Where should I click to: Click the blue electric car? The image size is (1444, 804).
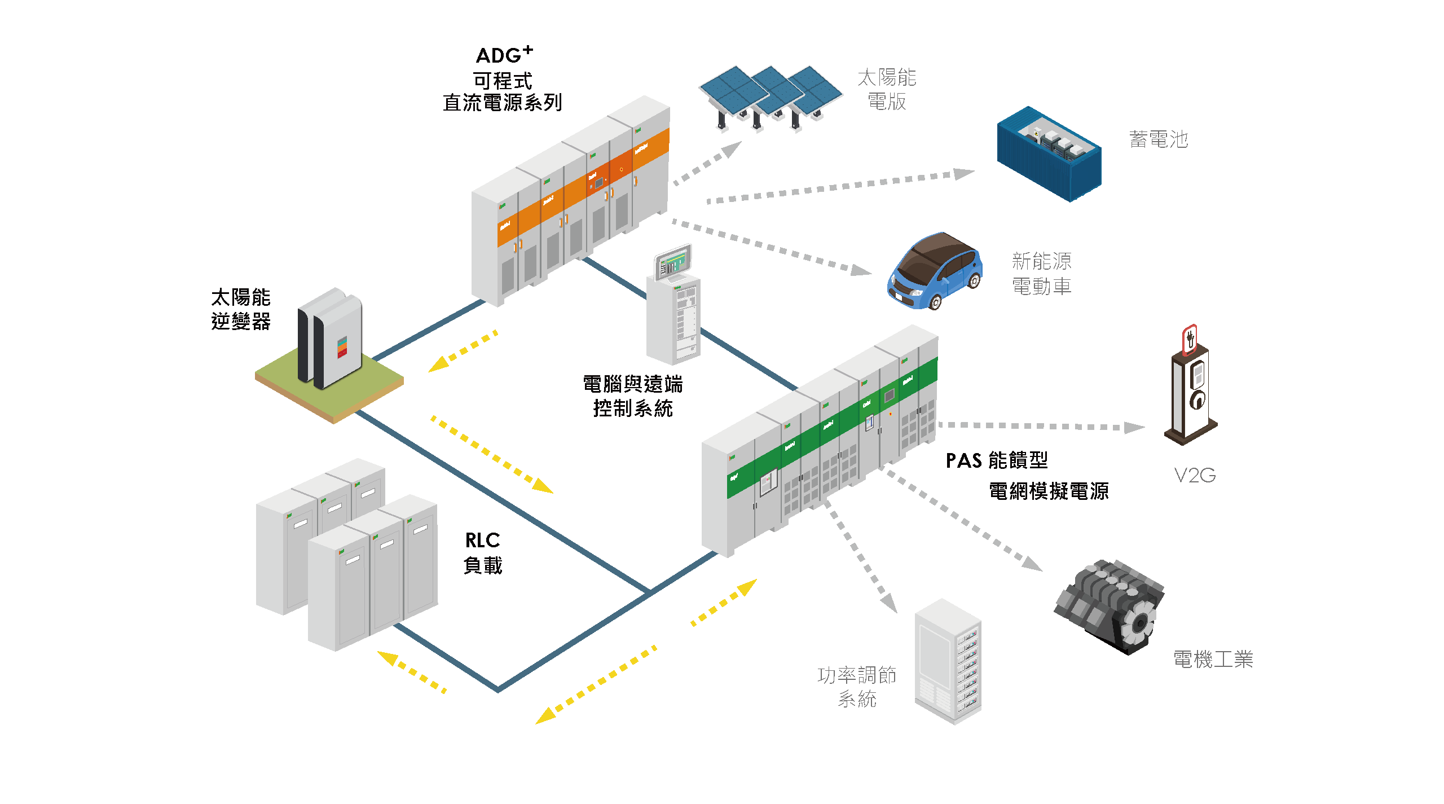coord(935,272)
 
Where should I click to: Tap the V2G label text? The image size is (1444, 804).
coord(1194,476)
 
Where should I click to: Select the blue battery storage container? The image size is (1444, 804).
coord(1049,153)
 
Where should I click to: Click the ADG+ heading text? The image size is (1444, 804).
coord(504,55)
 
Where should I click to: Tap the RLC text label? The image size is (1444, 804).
coord(482,541)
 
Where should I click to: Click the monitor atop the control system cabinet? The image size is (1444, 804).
coord(672,262)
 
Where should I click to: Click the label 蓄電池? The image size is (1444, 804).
coord(1159,139)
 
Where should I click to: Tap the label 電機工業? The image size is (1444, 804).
coord(1213,659)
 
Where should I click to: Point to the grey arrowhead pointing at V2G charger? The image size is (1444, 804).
coord(1134,428)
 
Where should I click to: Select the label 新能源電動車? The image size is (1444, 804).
coord(1041,274)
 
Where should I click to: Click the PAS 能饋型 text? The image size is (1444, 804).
coord(997,460)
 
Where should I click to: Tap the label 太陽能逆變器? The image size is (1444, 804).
coord(241,309)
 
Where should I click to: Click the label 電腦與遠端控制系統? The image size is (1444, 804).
coord(632,396)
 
